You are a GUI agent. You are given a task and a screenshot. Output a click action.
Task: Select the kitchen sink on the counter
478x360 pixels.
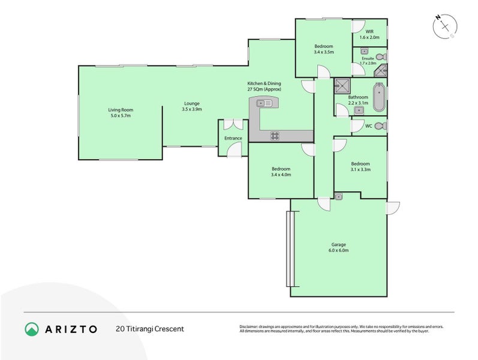click(x=264, y=103)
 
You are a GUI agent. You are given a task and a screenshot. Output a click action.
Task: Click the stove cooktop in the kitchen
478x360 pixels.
click(x=275, y=136)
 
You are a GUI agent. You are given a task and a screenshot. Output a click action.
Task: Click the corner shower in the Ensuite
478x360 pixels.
click(x=380, y=72)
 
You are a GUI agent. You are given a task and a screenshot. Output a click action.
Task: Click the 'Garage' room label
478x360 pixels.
click(x=339, y=244)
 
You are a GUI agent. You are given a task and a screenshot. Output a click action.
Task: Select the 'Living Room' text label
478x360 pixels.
click(x=121, y=110)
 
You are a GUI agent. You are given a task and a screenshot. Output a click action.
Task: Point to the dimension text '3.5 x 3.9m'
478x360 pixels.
click(x=192, y=109)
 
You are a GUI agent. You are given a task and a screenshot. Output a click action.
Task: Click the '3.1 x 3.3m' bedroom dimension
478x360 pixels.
click(x=360, y=170)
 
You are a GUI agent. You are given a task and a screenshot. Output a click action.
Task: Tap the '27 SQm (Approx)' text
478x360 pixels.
click(x=264, y=89)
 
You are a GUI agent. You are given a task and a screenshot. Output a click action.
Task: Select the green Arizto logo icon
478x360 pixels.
click(x=31, y=329)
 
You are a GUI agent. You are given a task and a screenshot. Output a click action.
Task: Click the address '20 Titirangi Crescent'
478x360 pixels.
click(x=149, y=329)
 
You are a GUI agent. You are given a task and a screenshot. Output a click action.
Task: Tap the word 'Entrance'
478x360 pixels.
click(x=233, y=139)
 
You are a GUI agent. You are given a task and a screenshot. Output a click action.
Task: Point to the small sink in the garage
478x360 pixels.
click(x=339, y=196)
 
